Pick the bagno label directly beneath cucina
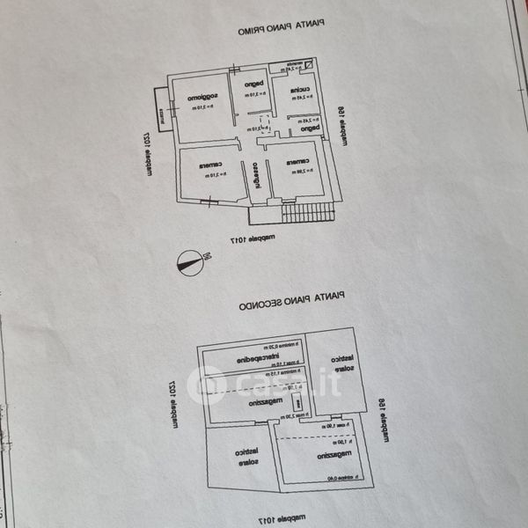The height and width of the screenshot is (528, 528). (308, 128)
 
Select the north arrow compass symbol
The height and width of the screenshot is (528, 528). (187, 262)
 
